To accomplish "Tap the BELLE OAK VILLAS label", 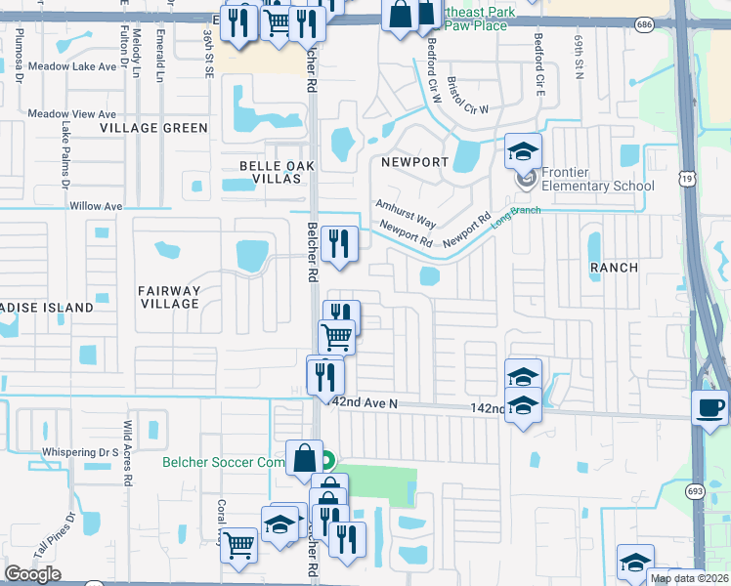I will pos(271,174).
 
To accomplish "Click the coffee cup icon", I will pos(709,407).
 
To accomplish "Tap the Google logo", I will pos(32,574).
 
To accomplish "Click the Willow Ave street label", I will pos(96,207).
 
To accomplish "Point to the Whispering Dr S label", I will pos(80,453).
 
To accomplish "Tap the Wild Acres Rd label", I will pos(127,443).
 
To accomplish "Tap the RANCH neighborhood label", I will pos(614,267).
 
